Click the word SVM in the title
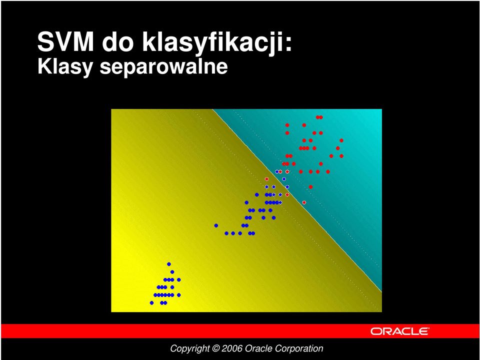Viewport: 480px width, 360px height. click(65, 41)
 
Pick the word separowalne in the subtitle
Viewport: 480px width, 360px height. click(164, 67)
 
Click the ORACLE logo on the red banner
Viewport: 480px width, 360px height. click(399, 331)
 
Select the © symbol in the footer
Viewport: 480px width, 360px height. click(215, 348)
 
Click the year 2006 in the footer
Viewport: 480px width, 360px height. click(232, 348)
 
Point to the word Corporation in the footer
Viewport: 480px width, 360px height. click(299, 348)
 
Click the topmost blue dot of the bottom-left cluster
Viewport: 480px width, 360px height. click(168, 264)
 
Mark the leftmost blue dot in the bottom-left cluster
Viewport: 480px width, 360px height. click(151, 303)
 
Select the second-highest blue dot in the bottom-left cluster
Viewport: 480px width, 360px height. click(172, 272)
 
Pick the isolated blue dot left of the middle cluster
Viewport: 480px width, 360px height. click(216, 225)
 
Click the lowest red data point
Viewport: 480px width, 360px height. click(304, 202)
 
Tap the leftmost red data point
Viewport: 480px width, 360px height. click(266, 179)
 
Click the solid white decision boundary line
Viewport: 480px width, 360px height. click(297, 200)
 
